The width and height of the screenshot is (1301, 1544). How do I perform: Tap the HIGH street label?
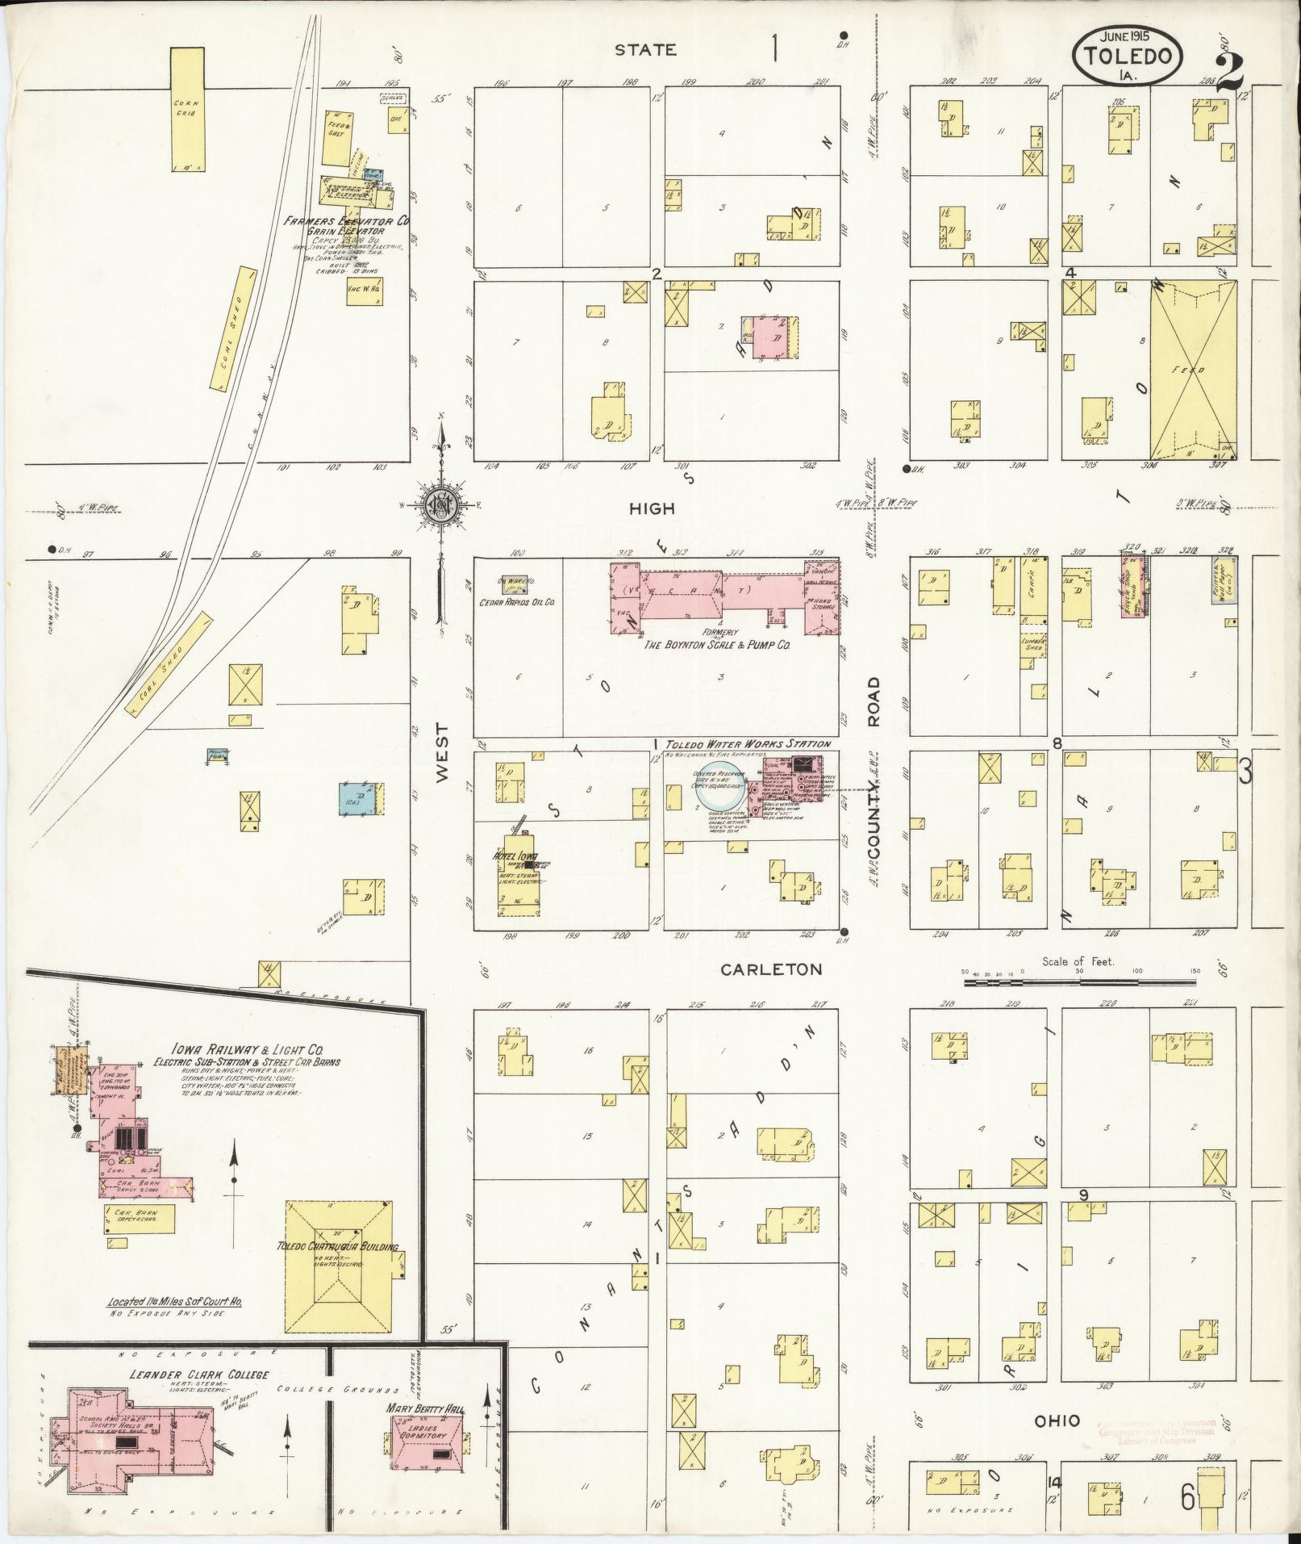pyautogui.click(x=653, y=509)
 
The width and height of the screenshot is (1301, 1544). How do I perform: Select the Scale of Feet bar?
pyautogui.click(x=1079, y=982)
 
